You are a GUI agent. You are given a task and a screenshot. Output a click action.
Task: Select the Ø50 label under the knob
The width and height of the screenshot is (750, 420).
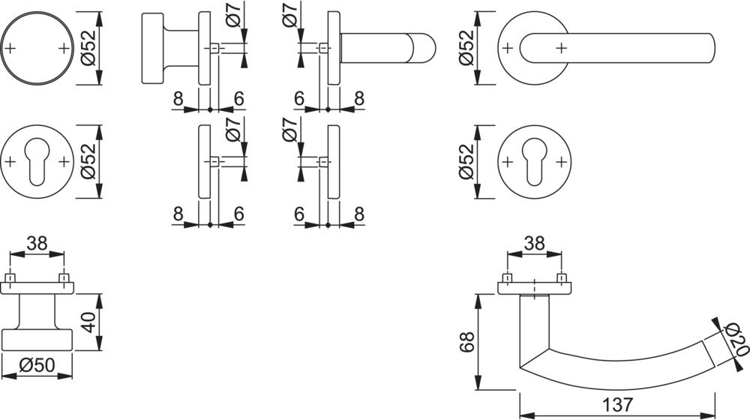pos(36,366)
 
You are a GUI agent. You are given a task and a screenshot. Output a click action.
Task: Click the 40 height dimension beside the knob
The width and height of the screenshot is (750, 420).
pos(88,322)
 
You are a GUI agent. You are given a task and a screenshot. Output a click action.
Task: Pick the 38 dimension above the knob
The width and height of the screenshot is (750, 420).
pos(37,244)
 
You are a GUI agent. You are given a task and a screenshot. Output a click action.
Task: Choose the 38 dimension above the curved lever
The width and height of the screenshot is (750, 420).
pos(534,244)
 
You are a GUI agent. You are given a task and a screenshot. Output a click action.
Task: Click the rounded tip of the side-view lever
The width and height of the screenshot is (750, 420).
pos(427,49)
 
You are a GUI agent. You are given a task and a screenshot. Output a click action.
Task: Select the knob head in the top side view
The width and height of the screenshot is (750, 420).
pos(152,49)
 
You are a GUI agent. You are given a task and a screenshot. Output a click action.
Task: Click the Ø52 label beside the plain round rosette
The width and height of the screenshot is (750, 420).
pos(88,49)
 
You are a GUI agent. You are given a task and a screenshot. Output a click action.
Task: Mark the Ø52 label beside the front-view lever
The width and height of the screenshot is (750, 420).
pos(465,49)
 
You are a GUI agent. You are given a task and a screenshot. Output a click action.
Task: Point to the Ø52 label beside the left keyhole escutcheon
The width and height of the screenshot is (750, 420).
pos(88,162)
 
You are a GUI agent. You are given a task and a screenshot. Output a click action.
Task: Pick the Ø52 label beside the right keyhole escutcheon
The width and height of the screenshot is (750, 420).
pos(465,162)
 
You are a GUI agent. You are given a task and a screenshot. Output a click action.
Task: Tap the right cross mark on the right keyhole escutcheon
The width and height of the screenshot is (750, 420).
pos(561,160)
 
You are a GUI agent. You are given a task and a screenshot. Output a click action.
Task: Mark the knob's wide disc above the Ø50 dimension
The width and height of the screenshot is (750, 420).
pos(37,339)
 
